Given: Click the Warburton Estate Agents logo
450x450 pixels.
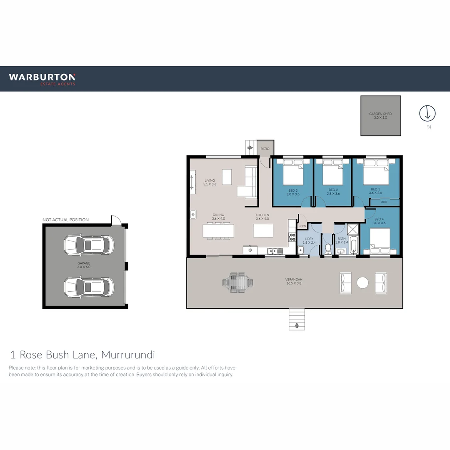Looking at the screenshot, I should (42, 79).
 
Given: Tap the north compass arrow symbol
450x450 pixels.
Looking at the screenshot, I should (427, 113).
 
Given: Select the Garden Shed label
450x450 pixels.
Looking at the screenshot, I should (380, 116).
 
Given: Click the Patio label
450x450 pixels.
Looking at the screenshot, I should (265, 149).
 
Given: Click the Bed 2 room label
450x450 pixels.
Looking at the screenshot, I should (333, 192).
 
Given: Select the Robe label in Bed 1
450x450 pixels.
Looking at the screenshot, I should (383, 202).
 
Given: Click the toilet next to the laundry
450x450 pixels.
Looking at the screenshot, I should (328, 249).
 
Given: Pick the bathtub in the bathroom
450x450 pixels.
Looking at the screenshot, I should (353, 245).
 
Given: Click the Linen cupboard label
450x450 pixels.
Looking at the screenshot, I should (302, 226).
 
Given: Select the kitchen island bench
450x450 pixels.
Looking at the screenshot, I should (263, 230).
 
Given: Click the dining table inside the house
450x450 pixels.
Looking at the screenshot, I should (218, 230).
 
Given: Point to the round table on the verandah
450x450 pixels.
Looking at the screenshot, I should (363, 282).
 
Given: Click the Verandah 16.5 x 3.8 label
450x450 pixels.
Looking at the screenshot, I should (293, 281).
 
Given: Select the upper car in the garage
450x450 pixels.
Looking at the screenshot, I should (88, 245).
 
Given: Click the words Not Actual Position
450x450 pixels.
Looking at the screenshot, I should (65, 220).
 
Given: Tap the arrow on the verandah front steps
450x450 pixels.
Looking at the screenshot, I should (297, 324).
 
